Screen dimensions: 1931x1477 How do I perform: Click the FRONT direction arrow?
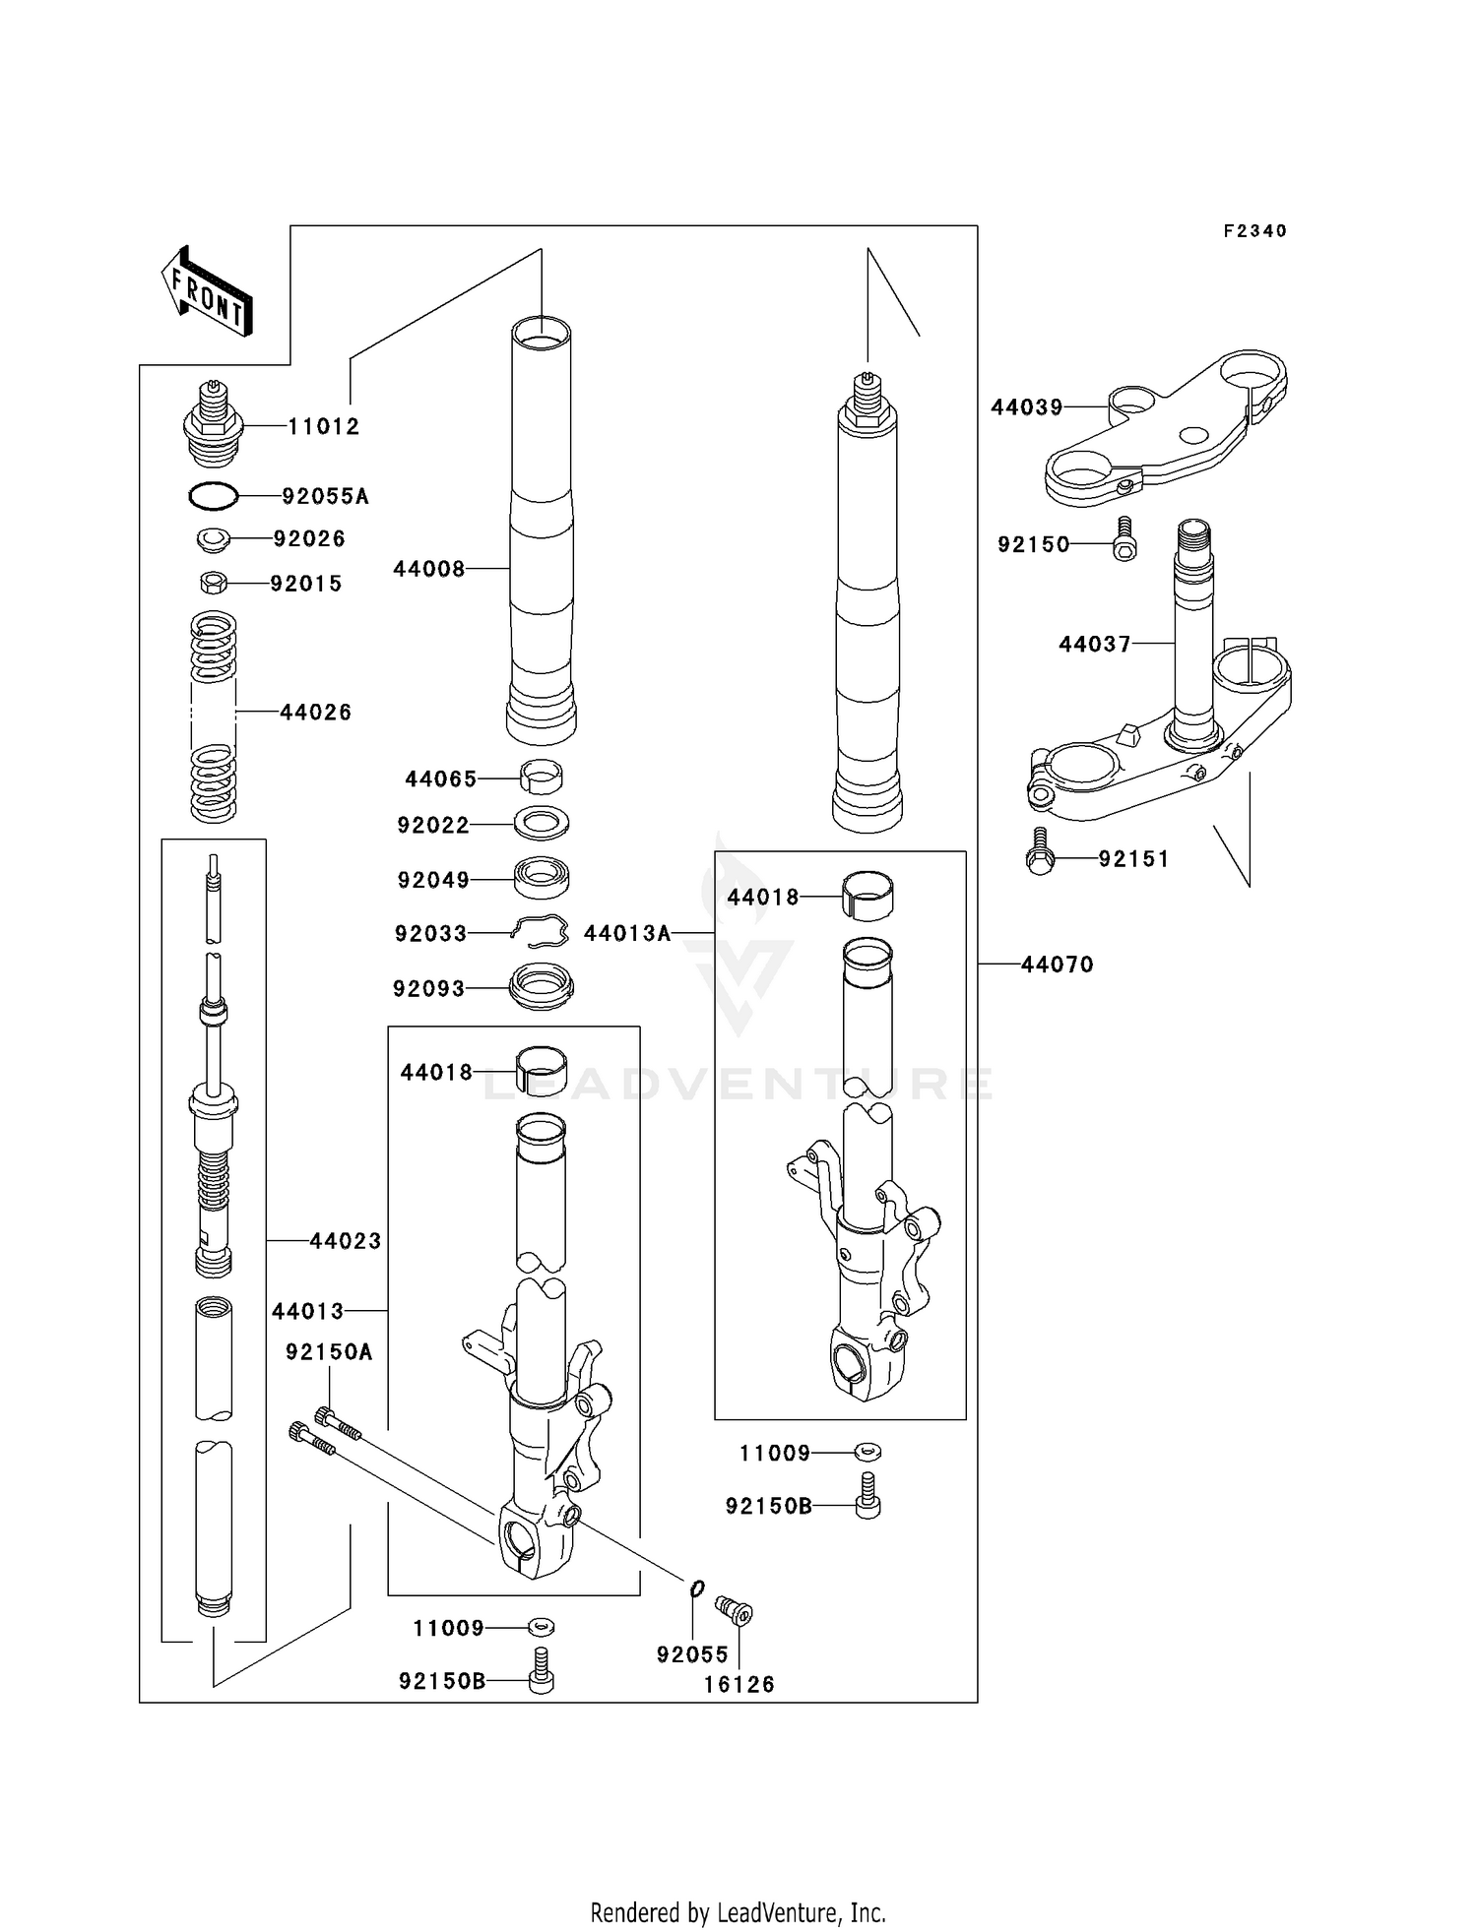coord(208,291)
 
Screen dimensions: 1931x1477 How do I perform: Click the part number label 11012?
coord(324,426)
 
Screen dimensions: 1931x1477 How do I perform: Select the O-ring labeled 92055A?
coord(214,497)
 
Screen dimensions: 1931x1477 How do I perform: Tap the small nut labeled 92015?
coord(213,584)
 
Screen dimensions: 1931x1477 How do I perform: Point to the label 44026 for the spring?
coord(315,713)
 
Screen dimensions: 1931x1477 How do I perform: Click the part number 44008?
coord(428,569)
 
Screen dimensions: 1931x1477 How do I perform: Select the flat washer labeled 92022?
coord(542,823)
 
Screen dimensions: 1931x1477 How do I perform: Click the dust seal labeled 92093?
coord(541,986)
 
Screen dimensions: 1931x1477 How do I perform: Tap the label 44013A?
coord(627,933)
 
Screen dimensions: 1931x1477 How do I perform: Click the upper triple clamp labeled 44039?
coord(1162,433)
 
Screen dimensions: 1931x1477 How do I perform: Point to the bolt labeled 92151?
coord(1039,852)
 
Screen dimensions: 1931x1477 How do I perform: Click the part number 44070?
coord(1057,965)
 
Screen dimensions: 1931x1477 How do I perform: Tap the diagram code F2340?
coord(1254,231)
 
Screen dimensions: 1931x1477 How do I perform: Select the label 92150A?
coord(329,1352)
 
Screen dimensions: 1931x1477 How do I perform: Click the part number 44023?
coord(345,1241)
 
